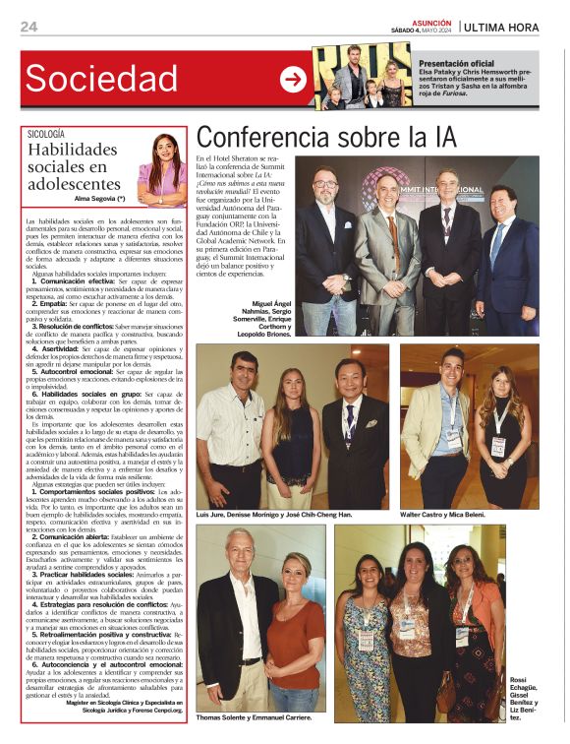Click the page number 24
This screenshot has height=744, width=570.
pos(28,27)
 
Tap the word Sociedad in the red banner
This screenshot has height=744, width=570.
pos(101,78)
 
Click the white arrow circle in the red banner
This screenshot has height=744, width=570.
pos(293,80)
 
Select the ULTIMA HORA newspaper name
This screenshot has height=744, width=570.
pos(502,27)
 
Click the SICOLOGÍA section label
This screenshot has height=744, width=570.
pos(46,133)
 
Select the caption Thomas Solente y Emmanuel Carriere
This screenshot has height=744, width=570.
pos(255,717)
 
